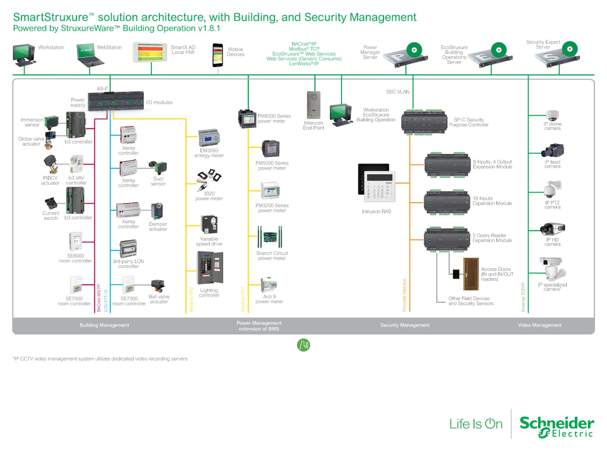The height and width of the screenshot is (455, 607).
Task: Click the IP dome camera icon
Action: coord(552,115)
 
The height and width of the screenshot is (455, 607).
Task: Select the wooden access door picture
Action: coord(470,274)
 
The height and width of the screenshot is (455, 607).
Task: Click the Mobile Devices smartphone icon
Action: coord(218,55)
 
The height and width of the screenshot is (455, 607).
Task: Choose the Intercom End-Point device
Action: coord(313,105)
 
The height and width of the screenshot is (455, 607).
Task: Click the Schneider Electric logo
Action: coord(557,426)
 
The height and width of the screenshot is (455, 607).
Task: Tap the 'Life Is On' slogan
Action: coord(476,424)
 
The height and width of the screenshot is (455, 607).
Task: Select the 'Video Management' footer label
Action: coord(540,325)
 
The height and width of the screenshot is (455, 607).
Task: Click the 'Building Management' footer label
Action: coord(104,325)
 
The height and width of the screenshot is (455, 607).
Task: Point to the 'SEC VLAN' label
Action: coord(398,92)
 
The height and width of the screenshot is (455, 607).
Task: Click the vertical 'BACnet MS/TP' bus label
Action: coord(99,298)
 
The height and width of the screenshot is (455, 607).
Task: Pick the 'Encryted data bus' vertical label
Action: coord(404,295)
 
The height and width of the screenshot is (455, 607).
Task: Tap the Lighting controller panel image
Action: coord(210,268)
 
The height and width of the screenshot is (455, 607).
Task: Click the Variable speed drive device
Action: coord(209,224)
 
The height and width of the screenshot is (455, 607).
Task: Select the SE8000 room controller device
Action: coord(76,242)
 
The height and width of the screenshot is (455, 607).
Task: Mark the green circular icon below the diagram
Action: coord(303,345)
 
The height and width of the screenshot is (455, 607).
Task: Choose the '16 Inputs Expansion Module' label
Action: coord(492,201)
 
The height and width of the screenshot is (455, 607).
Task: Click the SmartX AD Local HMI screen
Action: coord(150,53)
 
